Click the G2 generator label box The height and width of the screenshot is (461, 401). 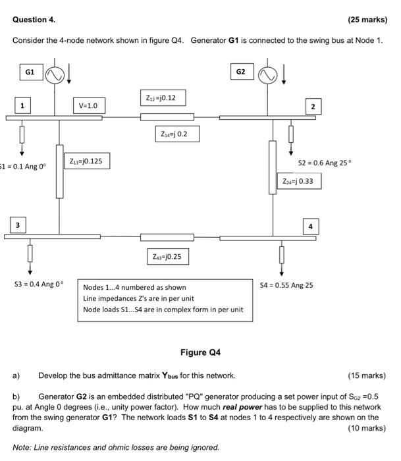[x=240, y=71]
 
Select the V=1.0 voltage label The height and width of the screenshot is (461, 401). [x=88, y=105]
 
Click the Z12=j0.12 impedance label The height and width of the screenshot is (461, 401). [x=161, y=98]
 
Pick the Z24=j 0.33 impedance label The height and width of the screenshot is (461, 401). [x=298, y=180]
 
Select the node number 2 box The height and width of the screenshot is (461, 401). [x=313, y=106]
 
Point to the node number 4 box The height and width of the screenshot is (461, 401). [x=311, y=227]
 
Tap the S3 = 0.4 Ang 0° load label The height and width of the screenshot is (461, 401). [x=39, y=285]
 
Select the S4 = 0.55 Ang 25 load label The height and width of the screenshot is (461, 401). [x=286, y=285]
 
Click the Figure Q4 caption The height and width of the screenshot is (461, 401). [x=200, y=352]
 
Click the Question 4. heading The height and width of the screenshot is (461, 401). [x=33, y=20]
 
